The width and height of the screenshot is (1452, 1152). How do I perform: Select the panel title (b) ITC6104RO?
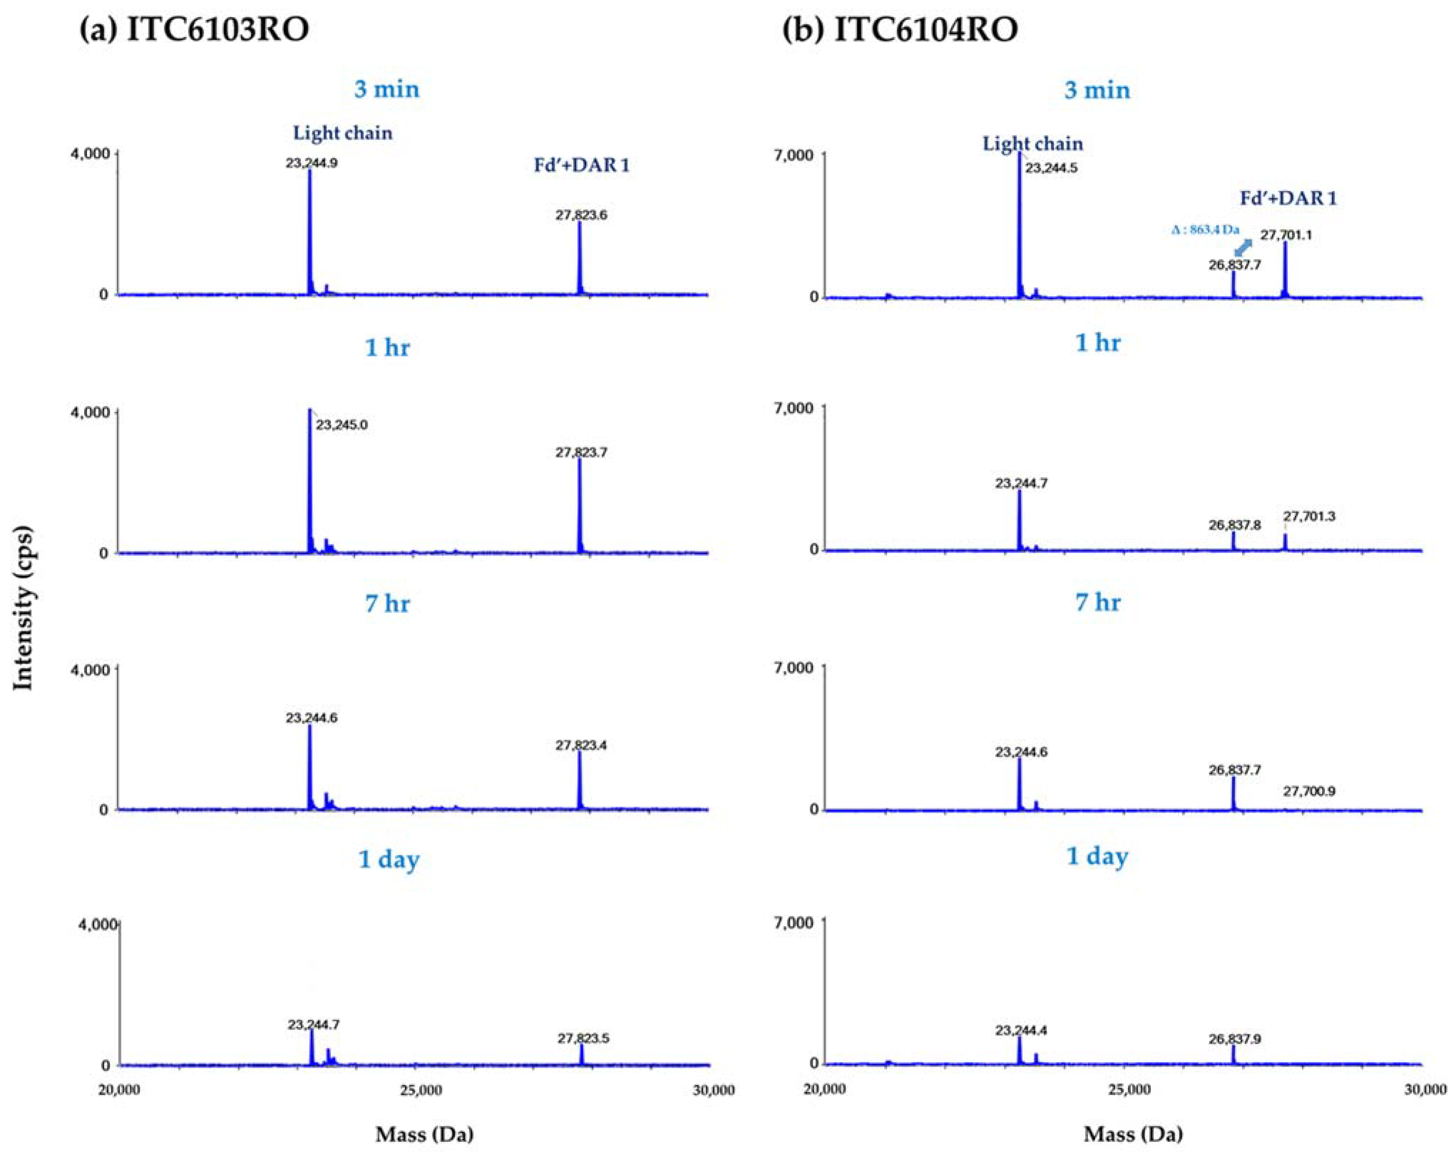click(x=900, y=30)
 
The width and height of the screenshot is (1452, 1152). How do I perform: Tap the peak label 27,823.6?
click(x=581, y=216)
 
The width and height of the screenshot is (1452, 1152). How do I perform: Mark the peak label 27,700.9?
click(x=1309, y=791)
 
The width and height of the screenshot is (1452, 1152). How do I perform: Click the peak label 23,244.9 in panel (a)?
click(x=311, y=162)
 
